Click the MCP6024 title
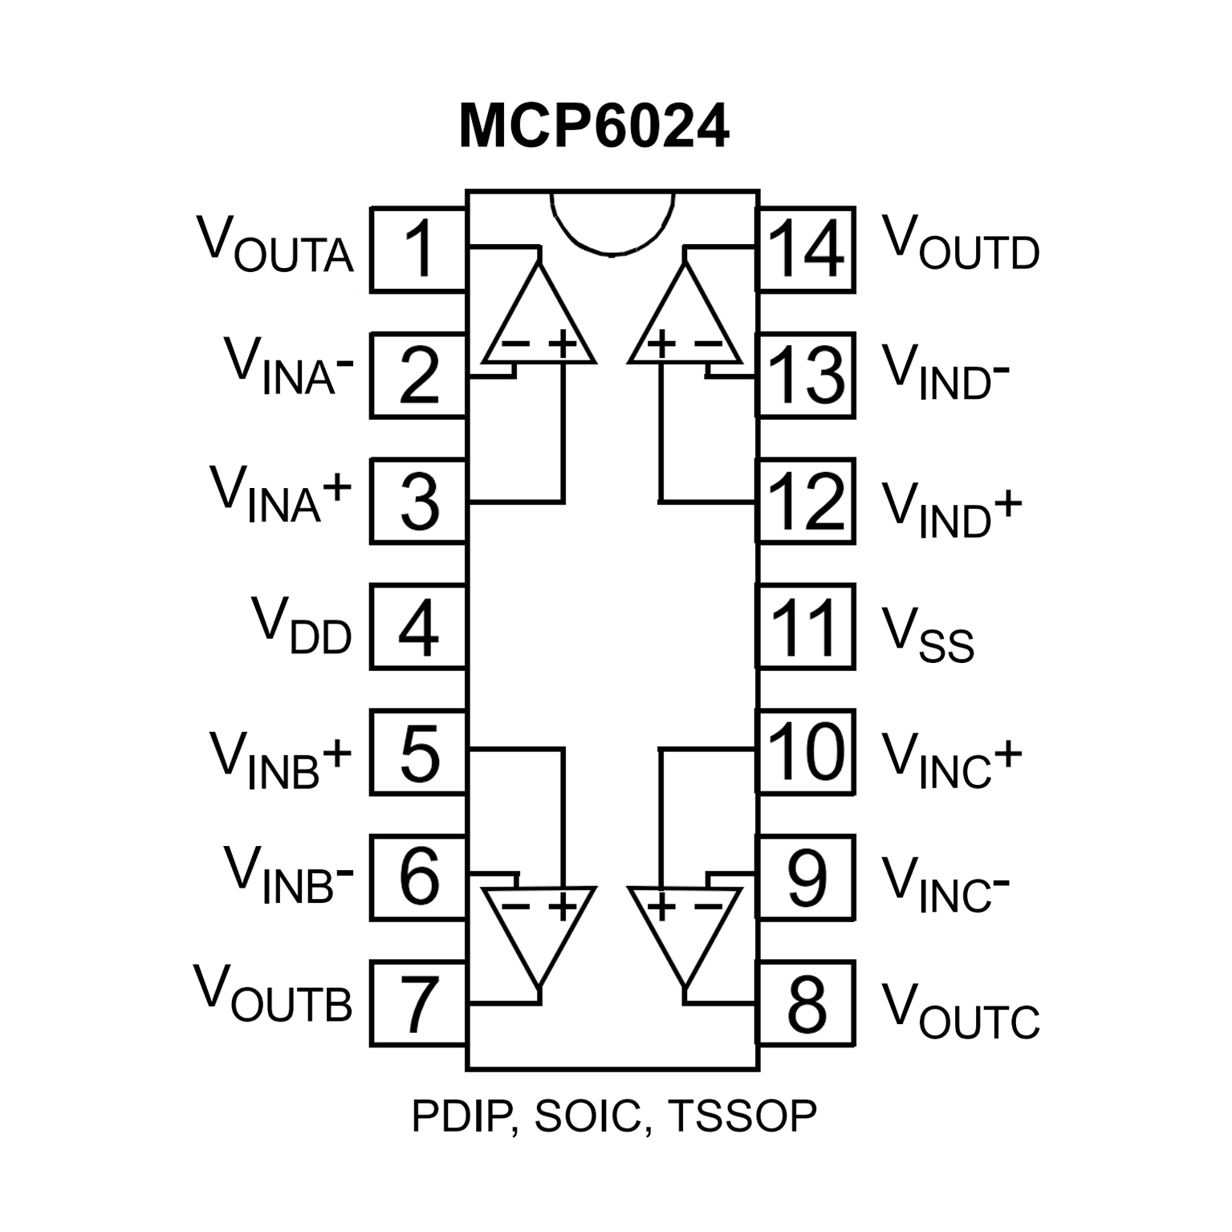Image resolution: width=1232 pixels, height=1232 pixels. tap(594, 127)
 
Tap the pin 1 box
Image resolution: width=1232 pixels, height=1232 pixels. tap(418, 250)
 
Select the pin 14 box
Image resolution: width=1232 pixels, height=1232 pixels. tap(806, 250)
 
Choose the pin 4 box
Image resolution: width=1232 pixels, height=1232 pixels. tap(418, 627)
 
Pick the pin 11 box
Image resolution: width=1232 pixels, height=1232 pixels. tap(806, 627)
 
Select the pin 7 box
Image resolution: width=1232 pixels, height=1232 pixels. tap(418, 1003)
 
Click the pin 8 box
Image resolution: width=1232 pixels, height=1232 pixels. tap(806, 1003)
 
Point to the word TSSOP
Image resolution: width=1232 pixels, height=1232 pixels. tap(742, 1116)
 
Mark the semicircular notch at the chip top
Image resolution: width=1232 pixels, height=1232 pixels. tap(612, 221)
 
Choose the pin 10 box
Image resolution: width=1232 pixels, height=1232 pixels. tap(806, 752)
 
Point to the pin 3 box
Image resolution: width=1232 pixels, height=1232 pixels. tap(418, 502)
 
